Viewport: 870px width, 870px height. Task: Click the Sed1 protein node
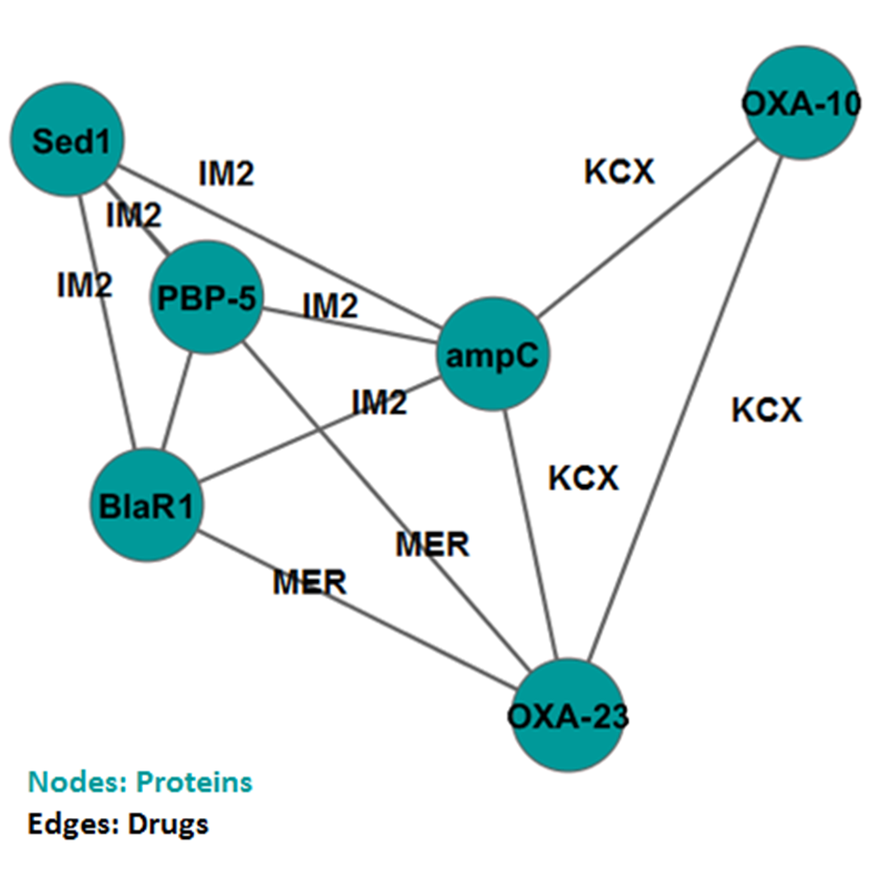[x=66, y=141]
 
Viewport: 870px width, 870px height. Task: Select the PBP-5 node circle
[x=206, y=297]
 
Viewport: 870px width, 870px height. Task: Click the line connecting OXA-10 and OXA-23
[x=684, y=410]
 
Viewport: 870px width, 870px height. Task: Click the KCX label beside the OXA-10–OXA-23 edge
[x=766, y=410]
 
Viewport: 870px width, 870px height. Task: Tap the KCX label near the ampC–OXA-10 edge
[x=619, y=171]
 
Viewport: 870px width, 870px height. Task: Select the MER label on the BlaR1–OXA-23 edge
[x=310, y=582]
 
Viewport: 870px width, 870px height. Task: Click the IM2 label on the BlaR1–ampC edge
[x=378, y=402]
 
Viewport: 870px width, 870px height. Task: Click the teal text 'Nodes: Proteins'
[x=140, y=782]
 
